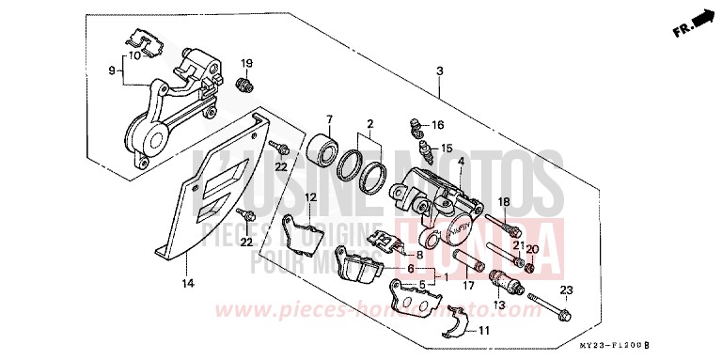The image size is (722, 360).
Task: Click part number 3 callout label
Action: (x=439, y=71)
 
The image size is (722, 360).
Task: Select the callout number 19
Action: (x=247, y=63)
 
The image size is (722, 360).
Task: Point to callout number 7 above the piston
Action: (x=330, y=119)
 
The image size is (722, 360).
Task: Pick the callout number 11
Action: (x=484, y=331)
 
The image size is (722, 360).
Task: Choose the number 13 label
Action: (x=498, y=305)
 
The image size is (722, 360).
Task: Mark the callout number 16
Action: (x=437, y=124)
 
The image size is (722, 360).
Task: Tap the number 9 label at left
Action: (x=112, y=70)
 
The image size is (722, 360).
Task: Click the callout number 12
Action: (x=309, y=196)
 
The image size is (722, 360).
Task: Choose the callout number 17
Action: (x=467, y=277)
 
